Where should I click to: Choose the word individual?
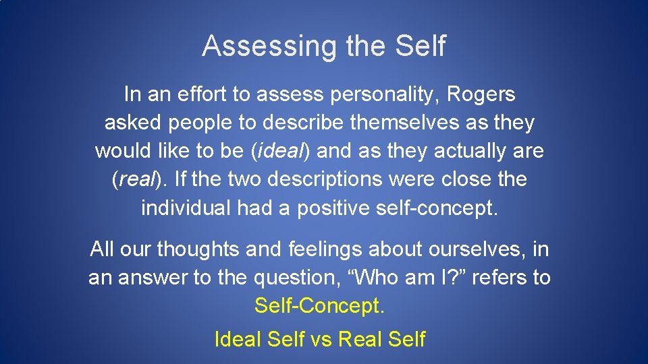tap(186, 208)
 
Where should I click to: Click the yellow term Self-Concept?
tap(319, 306)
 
